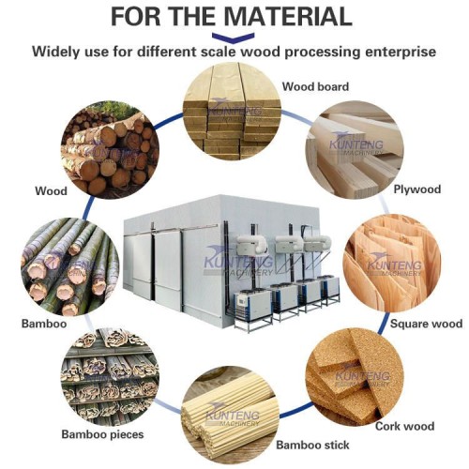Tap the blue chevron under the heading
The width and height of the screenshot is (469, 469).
(x=234, y=36)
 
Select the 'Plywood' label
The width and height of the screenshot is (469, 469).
(x=416, y=189)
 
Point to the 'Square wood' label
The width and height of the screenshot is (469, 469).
(x=428, y=324)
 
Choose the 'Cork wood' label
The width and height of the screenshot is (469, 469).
(x=404, y=426)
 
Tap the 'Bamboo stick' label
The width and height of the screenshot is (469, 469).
(x=314, y=444)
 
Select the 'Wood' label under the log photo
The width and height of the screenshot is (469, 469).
(x=51, y=191)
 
